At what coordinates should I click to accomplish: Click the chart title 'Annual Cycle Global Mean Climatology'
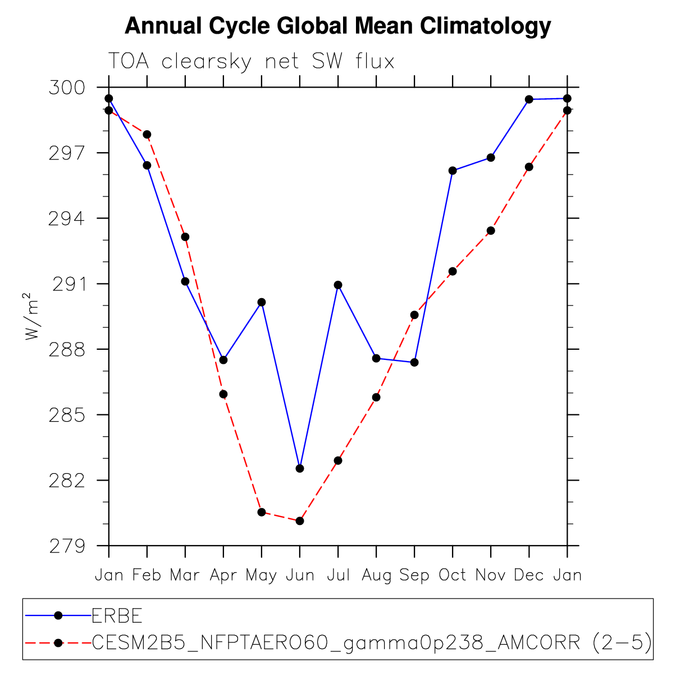pyautogui.click(x=337, y=26)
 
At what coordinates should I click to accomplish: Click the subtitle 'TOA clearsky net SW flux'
pyautogui.click(x=251, y=61)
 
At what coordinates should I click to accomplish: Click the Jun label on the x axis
pyautogui.click(x=300, y=575)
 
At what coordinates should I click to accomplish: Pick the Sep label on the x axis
pyautogui.click(x=414, y=575)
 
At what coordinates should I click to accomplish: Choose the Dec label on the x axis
pyautogui.click(x=529, y=575)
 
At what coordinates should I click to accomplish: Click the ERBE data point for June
pyautogui.click(x=300, y=468)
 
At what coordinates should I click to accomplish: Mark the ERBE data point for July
pyautogui.click(x=338, y=285)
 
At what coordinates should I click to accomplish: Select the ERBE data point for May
pyautogui.click(x=262, y=302)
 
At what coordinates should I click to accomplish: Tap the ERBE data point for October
pyautogui.click(x=453, y=170)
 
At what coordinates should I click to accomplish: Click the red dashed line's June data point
pyautogui.click(x=300, y=521)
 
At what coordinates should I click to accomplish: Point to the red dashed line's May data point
pyautogui.click(x=262, y=512)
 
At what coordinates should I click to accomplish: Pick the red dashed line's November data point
pyautogui.click(x=491, y=230)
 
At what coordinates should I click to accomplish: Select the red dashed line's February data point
pyautogui.click(x=147, y=134)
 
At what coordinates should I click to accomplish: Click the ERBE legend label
pyautogui.click(x=117, y=616)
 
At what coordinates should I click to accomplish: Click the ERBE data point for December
pyautogui.click(x=529, y=99)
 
